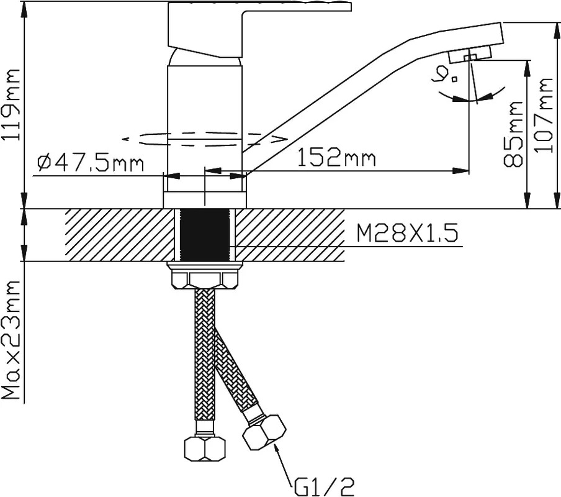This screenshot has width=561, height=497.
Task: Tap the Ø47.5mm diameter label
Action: coord(91,163)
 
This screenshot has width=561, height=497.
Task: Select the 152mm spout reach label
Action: coord(337,158)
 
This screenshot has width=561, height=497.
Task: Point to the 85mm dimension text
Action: coord(512,134)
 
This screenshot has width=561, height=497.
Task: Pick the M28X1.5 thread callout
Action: coord(407,234)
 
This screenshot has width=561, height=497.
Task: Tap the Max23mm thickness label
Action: coord(11,340)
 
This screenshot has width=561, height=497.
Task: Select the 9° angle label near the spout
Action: coord(446,74)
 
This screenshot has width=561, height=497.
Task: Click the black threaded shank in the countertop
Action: coord(204,235)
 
